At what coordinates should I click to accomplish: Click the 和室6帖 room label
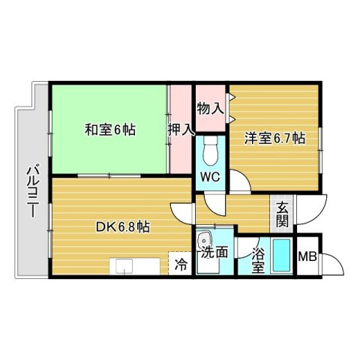click(109, 129)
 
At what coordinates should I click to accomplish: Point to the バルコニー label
click(32, 191)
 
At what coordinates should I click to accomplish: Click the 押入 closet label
click(180, 128)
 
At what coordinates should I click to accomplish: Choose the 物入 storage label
click(209, 108)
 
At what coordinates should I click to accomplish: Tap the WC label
click(208, 177)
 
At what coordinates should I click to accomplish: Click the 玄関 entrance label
click(282, 214)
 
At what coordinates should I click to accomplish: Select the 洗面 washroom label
click(214, 253)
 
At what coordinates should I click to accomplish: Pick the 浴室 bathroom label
click(257, 259)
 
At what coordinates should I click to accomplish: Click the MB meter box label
click(307, 256)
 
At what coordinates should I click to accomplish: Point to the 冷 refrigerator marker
click(180, 264)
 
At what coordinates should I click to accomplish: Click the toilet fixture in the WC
click(210, 152)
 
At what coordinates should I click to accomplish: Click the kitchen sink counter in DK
click(135, 267)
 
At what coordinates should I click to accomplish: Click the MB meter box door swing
click(331, 262)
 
